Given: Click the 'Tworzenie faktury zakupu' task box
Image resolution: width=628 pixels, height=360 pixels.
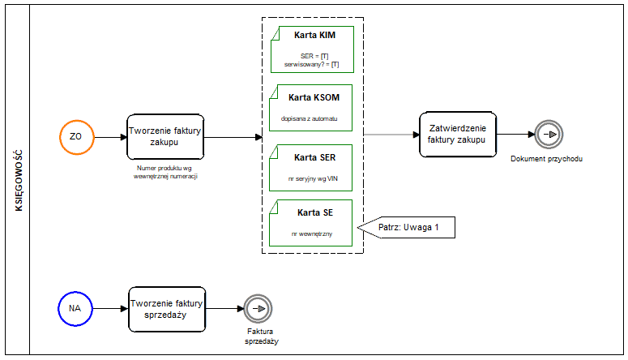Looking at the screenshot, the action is tap(165, 137).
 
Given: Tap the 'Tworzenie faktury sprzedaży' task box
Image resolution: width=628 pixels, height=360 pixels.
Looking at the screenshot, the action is tap(167, 309).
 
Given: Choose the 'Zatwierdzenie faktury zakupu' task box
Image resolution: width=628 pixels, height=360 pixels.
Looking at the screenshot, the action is tap(458, 135).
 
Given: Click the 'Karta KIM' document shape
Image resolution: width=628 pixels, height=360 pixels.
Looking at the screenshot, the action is tap(313, 49).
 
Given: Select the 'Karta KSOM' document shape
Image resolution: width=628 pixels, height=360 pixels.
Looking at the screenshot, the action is tap(311, 108).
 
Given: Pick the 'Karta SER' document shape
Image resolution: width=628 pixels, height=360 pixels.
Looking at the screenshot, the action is tap(311, 168).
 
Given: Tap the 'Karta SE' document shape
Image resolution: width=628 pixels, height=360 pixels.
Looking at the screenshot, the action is tap(311, 223).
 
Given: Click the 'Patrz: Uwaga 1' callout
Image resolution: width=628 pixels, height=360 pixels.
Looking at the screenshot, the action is tap(407, 227).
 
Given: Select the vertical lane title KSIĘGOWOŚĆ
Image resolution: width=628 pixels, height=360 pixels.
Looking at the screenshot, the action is tap(19, 180).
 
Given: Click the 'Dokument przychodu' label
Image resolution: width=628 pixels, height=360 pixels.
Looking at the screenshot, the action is tap(546, 159).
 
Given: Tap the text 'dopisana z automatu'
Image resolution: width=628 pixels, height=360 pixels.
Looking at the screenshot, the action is tap(310, 118).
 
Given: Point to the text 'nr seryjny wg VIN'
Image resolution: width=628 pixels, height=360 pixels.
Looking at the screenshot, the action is tap(313, 179).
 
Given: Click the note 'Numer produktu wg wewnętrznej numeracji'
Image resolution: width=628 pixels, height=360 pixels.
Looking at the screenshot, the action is tap(165, 172).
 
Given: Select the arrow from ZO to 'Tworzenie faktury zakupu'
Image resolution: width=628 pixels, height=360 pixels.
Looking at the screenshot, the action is tap(110, 137).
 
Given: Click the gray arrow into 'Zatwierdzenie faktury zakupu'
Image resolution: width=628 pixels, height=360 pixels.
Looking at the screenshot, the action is tap(391, 135).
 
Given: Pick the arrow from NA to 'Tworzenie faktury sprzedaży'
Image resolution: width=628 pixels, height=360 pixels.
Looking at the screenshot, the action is tap(110, 309).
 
